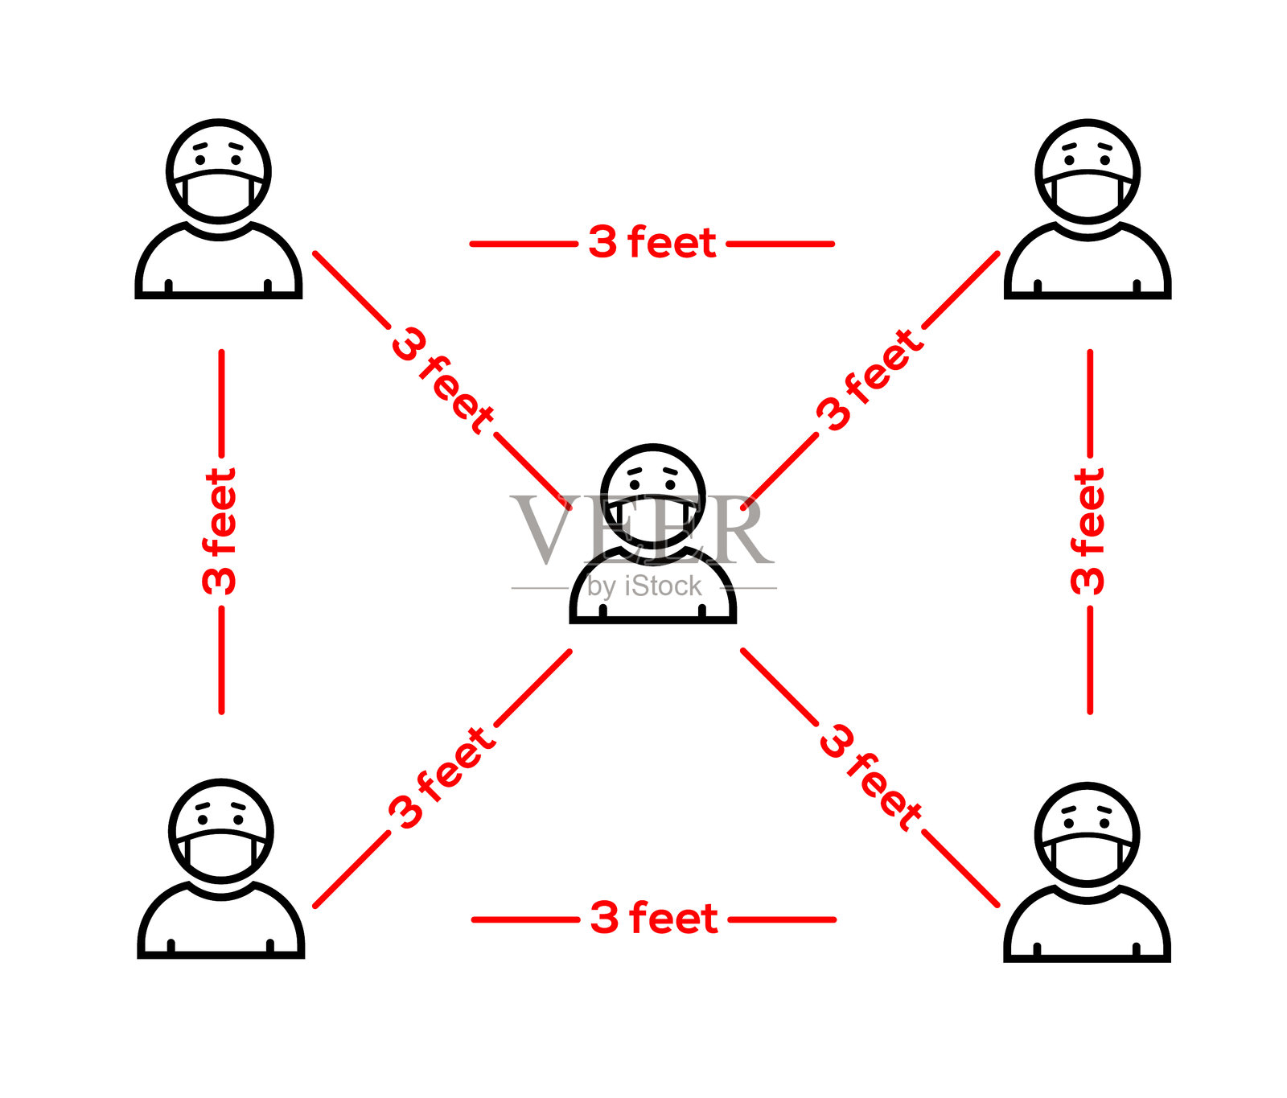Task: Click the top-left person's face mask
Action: tap(219, 195)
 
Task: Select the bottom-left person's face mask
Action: tap(221, 854)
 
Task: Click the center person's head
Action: tap(652, 475)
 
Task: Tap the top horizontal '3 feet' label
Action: tap(652, 243)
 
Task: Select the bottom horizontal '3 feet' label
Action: tap(654, 919)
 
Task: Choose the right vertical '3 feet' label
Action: tap(1088, 531)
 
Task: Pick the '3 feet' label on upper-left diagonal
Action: tap(442, 380)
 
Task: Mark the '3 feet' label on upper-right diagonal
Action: tap(869, 380)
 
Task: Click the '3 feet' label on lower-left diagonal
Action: tap(442, 777)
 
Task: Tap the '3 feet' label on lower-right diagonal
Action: tap(870, 776)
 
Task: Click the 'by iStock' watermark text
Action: tap(644, 586)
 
